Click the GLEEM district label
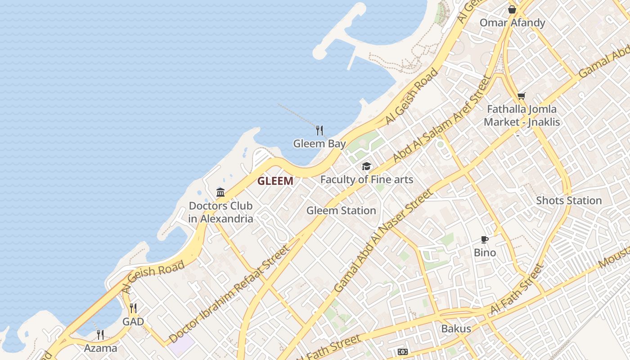coord(275,181)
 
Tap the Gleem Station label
coord(341,211)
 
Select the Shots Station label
coord(569,201)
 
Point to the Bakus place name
coord(456,328)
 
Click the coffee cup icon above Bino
coord(485,240)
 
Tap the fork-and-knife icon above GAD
coord(133,308)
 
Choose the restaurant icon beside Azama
coord(100,335)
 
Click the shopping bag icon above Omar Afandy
coord(512,9)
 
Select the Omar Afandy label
coord(512,23)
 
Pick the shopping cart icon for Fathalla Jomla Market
coord(522,96)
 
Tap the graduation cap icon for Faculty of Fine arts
coord(367,166)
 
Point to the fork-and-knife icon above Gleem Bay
coord(319,130)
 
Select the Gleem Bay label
coord(319,144)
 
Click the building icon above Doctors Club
coord(220,193)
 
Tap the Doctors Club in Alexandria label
coord(220,212)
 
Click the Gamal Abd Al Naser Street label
coord(384,241)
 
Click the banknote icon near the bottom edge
coord(403,352)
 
